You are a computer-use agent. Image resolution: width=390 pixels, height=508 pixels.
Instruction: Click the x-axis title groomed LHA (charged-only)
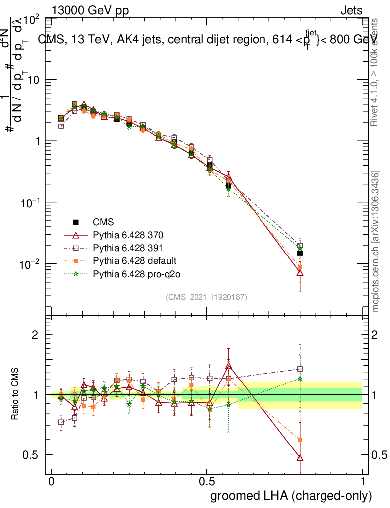[x=292, y=496]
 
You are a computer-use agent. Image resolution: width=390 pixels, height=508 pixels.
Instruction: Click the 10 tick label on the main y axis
[x=32, y=80]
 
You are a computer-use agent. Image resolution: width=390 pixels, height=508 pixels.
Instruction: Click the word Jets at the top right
[x=351, y=11]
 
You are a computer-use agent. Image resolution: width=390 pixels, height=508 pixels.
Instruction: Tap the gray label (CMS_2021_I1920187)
[x=206, y=297]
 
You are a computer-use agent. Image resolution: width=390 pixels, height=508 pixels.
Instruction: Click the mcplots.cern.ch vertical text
[x=376, y=241]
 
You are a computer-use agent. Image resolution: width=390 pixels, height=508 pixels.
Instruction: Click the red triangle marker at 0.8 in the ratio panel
[x=300, y=458]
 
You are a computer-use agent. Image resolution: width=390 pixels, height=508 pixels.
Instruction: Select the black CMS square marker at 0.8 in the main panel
[x=300, y=253]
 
